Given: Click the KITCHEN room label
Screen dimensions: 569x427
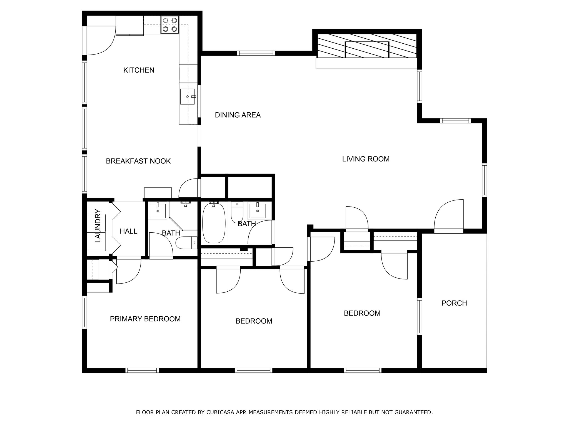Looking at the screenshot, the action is pyautogui.click(x=139, y=70).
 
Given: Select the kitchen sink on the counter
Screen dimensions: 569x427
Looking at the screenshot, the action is pyautogui.click(x=187, y=96).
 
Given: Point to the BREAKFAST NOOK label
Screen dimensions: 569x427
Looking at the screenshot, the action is pyautogui.click(x=138, y=161).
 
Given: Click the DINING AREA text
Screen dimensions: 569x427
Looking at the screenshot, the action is pyautogui.click(x=238, y=115).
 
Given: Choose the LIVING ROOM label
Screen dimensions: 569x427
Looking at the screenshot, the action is pyautogui.click(x=366, y=159).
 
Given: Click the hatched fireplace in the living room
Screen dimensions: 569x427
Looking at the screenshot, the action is pyautogui.click(x=367, y=46).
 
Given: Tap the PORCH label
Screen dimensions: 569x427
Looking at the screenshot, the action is pyautogui.click(x=454, y=303).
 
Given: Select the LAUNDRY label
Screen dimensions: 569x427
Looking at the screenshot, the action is pyautogui.click(x=98, y=226).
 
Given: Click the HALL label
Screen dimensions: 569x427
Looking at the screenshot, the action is pyautogui.click(x=129, y=231).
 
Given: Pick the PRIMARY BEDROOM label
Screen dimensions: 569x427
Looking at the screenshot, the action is pyautogui.click(x=145, y=319).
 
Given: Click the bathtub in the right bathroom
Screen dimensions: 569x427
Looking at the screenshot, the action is pyautogui.click(x=214, y=224).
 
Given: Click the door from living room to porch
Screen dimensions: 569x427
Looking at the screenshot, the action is pyautogui.click(x=449, y=216).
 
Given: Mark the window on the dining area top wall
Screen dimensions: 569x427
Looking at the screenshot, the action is pyautogui.click(x=256, y=53).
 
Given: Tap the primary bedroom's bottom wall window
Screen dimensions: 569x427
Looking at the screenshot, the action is pyautogui.click(x=142, y=370).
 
